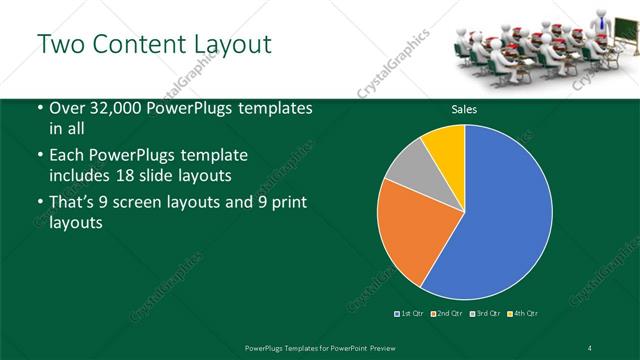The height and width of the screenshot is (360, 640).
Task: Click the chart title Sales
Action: (x=464, y=109)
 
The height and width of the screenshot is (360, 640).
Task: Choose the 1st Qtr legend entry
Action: (x=410, y=314)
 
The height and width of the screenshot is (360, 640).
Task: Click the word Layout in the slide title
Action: (x=229, y=45)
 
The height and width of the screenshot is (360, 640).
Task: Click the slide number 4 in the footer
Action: (x=589, y=347)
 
